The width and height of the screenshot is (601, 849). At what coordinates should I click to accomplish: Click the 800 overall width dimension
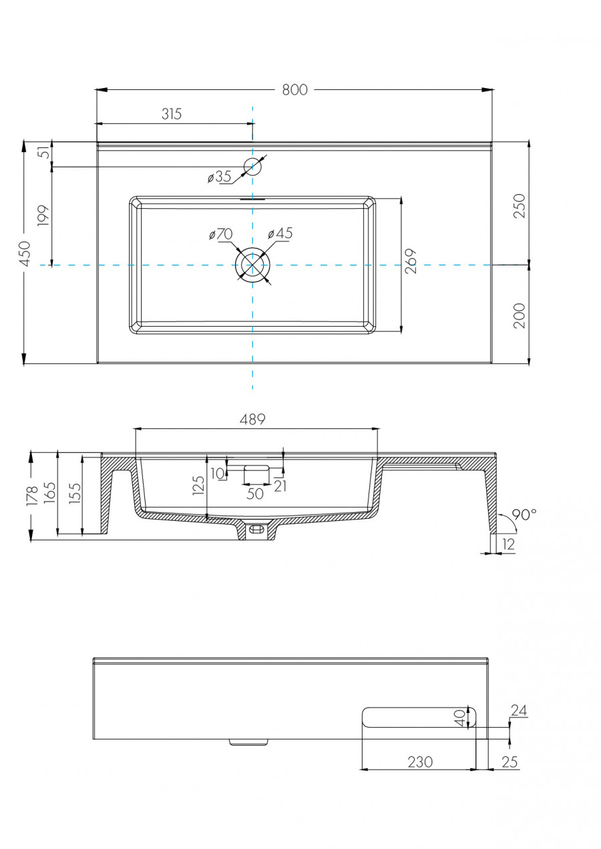[x=294, y=89]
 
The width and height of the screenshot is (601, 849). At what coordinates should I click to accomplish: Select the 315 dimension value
[x=172, y=114]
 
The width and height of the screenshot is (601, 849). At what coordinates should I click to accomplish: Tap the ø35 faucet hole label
[x=219, y=177]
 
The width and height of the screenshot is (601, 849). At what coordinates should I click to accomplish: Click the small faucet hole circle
[x=252, y=167]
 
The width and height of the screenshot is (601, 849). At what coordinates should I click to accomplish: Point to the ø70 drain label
[x=220, y=234]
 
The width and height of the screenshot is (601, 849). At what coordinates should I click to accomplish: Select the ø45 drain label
[x=280, y=233]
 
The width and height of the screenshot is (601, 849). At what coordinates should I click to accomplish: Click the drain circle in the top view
[x=252, y=265]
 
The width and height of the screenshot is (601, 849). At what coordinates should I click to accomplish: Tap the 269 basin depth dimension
[x=411, y=261]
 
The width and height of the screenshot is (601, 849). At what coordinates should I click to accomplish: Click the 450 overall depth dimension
[x=25, y=253]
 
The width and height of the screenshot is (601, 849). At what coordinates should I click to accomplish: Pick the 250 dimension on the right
[x=520, y=205]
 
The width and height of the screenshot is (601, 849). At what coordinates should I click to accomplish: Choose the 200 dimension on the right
[x=520, y=315]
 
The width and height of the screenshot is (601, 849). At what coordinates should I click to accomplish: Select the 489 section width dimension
[x=253, y=419]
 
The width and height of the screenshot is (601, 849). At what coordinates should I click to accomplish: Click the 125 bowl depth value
[x=198, y=486]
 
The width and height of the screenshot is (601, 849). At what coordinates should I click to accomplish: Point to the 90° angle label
[x=524, y=515]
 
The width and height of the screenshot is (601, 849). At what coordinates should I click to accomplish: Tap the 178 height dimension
[x=31, y=496]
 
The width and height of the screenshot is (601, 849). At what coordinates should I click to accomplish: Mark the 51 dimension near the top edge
[x=44, y=152]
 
